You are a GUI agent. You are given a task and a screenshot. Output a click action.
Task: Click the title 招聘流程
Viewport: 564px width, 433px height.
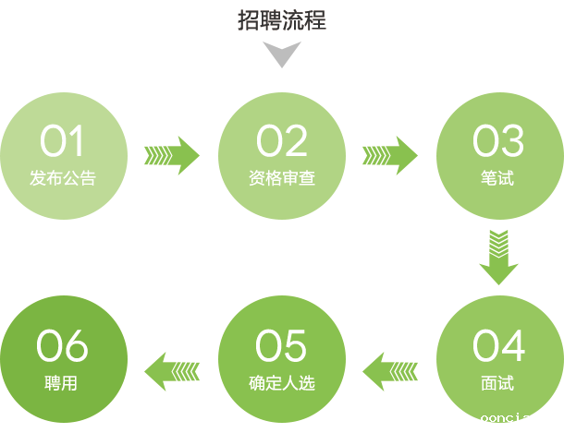(x=281, y=19)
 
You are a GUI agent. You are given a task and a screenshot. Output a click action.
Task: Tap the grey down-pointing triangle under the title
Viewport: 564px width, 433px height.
(x=282, y=54)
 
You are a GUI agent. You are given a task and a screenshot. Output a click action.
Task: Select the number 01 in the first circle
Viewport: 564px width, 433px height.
(x=62, y=142)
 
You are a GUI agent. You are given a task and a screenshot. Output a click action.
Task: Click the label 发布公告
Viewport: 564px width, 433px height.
(x=62, y=178)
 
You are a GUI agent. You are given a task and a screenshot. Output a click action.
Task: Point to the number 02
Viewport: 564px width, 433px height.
(x=281, y=142)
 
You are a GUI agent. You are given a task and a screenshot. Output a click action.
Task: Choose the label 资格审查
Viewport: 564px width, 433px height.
(x=281, y=178)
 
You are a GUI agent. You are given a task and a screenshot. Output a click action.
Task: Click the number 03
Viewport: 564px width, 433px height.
(x=498, y=142)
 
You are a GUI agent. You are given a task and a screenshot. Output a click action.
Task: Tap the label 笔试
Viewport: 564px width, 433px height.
(x=498, y=178)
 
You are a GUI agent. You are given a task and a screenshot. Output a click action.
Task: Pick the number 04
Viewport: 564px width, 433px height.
(x=498, y=346)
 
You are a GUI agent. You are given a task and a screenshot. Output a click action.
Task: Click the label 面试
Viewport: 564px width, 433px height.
(x=498, y=383)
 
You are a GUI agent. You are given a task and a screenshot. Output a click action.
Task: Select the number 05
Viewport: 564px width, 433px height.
(x=281, y=346)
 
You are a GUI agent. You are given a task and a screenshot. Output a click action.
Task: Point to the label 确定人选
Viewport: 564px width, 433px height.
(x=281, y=383)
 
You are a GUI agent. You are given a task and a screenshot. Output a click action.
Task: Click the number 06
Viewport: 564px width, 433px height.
(x=62, y=346)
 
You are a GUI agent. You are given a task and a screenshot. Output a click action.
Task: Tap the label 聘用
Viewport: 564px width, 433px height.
(x=62, y=383)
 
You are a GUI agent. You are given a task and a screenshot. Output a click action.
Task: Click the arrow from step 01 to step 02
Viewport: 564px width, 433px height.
(x=172, y=155)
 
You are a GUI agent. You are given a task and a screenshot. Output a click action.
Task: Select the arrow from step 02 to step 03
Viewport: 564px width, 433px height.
(x=389, y=155)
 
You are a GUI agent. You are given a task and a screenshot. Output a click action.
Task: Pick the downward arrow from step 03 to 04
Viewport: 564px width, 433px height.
(x=498, y=256)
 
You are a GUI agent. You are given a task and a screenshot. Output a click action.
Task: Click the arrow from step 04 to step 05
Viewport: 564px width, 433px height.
(x=389, y=371)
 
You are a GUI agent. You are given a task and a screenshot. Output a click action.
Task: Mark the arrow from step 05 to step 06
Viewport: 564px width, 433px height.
(x=172, y=371)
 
